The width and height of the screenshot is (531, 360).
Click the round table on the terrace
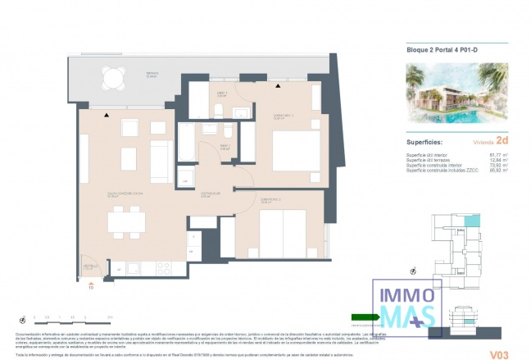pos(113,79)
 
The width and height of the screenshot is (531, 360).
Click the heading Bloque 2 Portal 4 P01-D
pos(443,50)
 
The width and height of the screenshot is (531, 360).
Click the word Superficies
pos(427,140)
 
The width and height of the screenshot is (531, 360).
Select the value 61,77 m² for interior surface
pos(498,153)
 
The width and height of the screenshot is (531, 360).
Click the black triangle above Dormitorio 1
pos(279,85)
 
